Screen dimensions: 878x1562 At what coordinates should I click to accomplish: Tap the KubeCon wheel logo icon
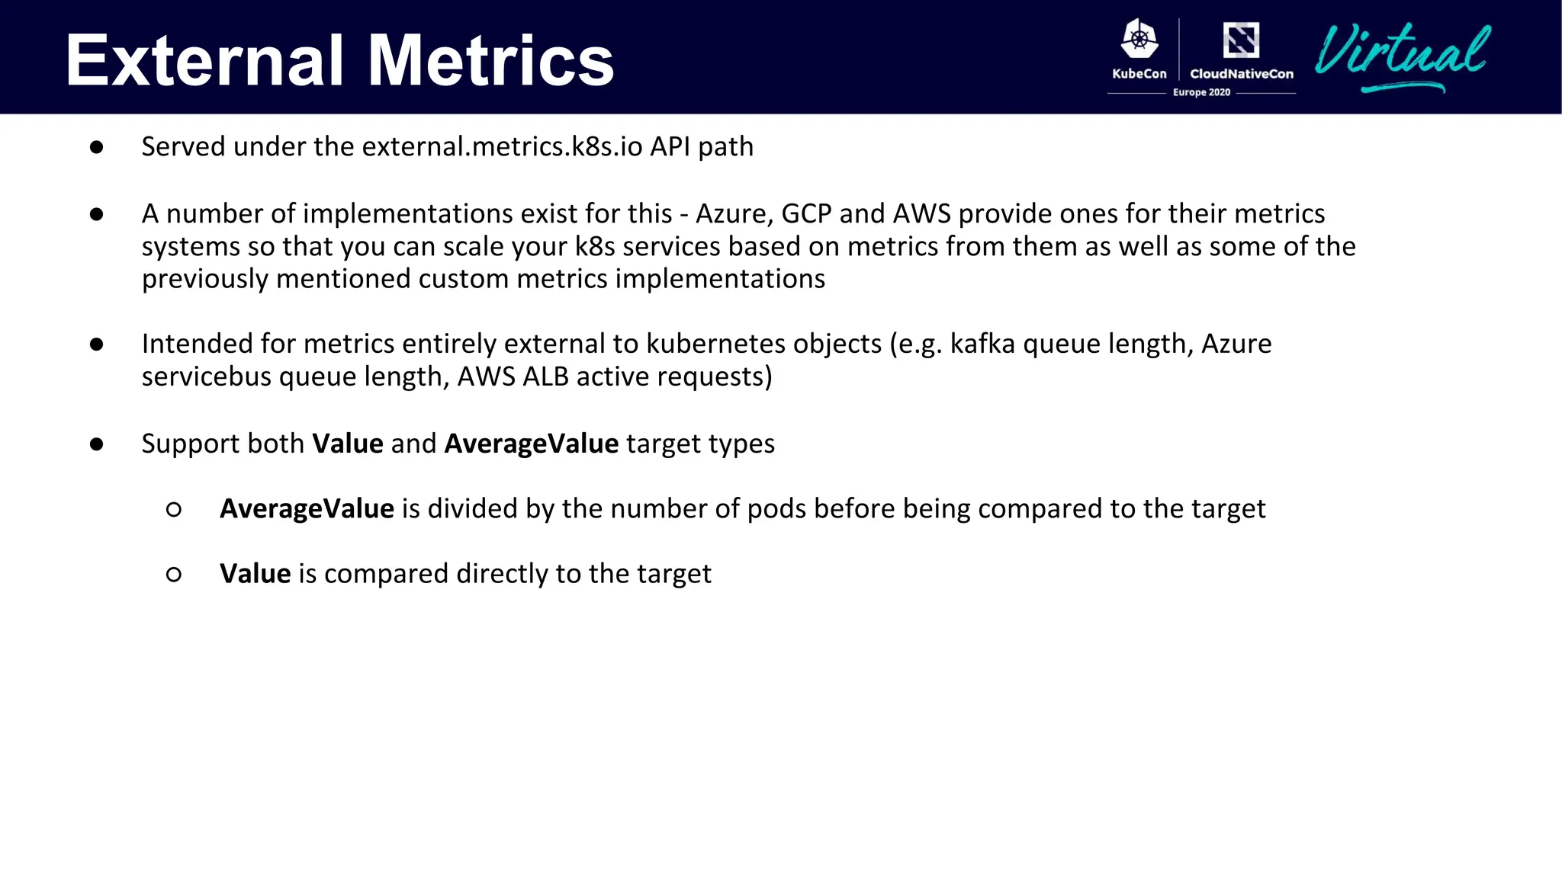point(1139,40)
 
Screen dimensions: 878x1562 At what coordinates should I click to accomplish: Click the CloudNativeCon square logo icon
point(1241,40)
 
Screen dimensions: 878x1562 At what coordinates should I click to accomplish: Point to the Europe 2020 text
point(1201,92)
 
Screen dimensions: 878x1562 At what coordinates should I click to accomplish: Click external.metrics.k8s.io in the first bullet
point(501,146)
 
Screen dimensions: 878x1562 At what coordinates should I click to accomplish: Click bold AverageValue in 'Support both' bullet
point(531,444)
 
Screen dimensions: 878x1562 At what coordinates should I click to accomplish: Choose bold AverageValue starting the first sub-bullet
point(307,508)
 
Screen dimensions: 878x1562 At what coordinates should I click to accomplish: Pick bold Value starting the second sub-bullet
point(255,573)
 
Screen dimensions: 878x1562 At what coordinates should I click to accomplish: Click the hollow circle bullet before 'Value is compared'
point(174,575)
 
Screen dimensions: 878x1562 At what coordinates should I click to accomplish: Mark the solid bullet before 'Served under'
point(96,147)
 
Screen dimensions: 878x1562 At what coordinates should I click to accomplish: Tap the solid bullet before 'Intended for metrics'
point(96,344)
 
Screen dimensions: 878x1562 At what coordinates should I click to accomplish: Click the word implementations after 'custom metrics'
point(720,279)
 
